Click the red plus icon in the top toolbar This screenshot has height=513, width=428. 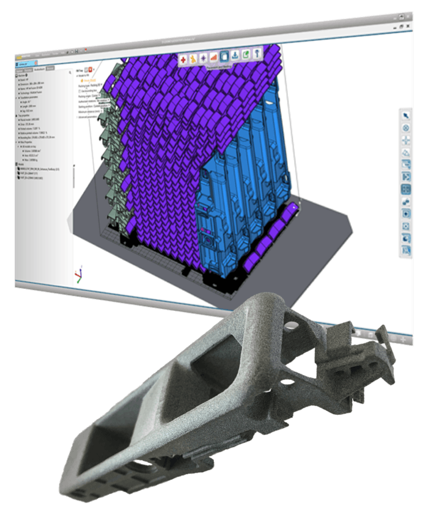[183, 59]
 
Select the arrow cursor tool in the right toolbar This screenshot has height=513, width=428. [405, 115]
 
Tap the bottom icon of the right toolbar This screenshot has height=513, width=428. [406, 250]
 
